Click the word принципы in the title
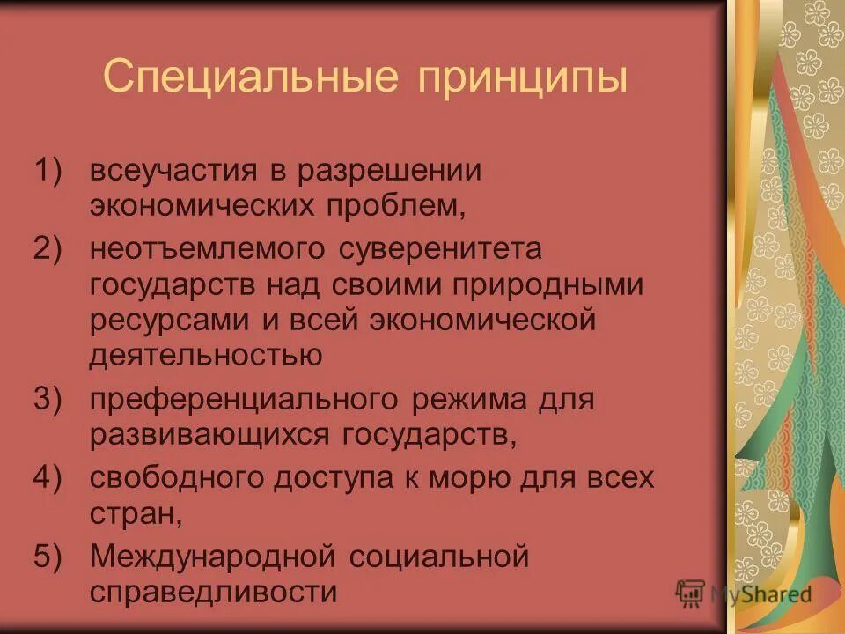tap(523, 79)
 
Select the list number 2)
tap(50, 248)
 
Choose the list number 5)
tap(50, 557)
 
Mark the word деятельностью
tap(204, 355)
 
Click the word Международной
tap(210, 557)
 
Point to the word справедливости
tap(213, 592)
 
